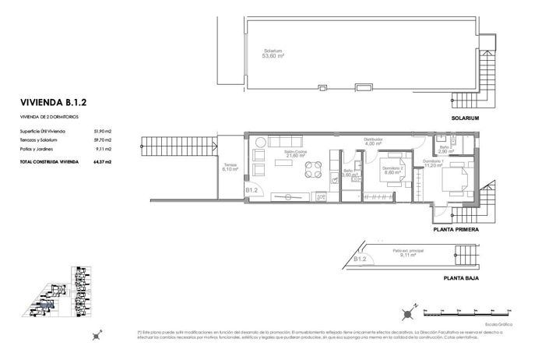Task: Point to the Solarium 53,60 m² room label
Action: tap(273, 54)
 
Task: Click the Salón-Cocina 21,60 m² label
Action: tap(294, 154)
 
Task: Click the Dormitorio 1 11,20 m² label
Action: tap(434, 164)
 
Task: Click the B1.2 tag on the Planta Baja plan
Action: tap(359, 259)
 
